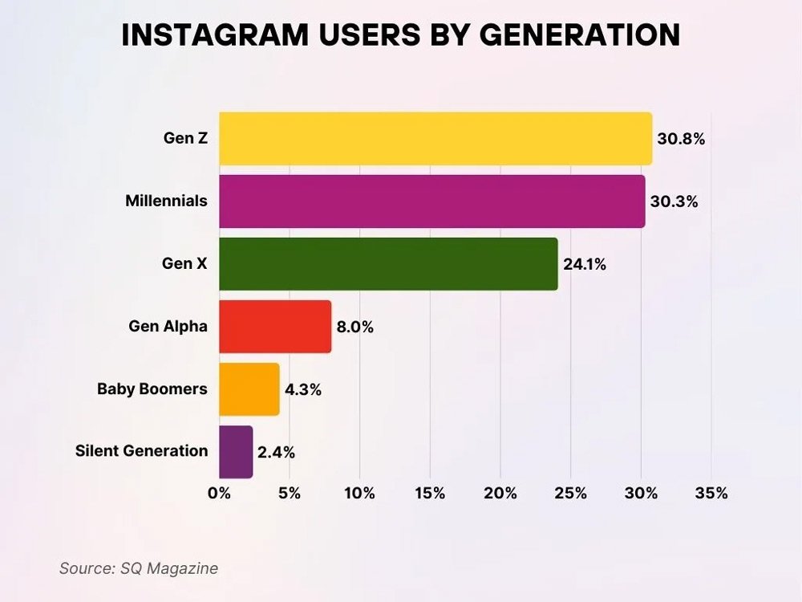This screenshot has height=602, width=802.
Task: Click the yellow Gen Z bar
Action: click(x=435, y=139)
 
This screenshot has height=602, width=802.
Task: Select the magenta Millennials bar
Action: click(x=431, y=201)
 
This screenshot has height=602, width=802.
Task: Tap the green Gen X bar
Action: click(x=388, y=264)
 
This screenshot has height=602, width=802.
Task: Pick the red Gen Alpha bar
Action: click(x=275, y=327)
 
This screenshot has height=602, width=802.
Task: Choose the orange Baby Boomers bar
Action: click(x=249, y=389)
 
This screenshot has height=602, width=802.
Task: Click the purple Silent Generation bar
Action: click(x=236, y=452)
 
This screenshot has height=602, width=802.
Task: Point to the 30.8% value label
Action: click(x=681, y=139)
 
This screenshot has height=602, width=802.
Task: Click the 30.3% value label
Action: click(x=674, y=201)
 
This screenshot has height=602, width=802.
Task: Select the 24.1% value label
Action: click(x=585, y=264)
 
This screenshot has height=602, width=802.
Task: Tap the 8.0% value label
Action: click(x=355, y=327)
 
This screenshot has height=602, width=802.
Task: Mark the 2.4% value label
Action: click(x=276, y=453)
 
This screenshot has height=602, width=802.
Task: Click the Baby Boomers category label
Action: click(x=152, y=389)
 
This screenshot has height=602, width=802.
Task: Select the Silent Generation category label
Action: click(x=141, y=451)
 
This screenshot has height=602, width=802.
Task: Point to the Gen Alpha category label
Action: click(x=168, y=327)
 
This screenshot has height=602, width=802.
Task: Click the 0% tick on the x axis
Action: click(x=219, y=494)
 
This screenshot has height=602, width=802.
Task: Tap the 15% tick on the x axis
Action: click(x=430, y=494)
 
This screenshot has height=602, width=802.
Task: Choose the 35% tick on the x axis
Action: click(x=711, y=494)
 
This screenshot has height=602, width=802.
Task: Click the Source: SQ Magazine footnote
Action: click(x=139, y=568)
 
